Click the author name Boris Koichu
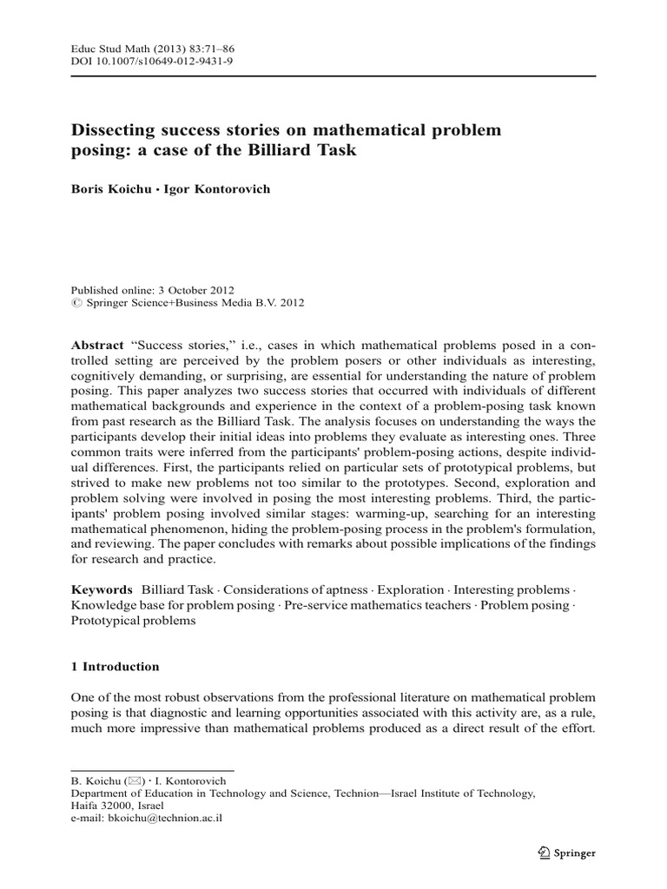click(x=109, y=189)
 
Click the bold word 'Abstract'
click(x=97, y=345)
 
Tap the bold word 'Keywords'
click(x=102, y=589)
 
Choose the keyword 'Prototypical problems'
click(x=133, y=622)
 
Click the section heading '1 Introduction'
click(x=115, y=667)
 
